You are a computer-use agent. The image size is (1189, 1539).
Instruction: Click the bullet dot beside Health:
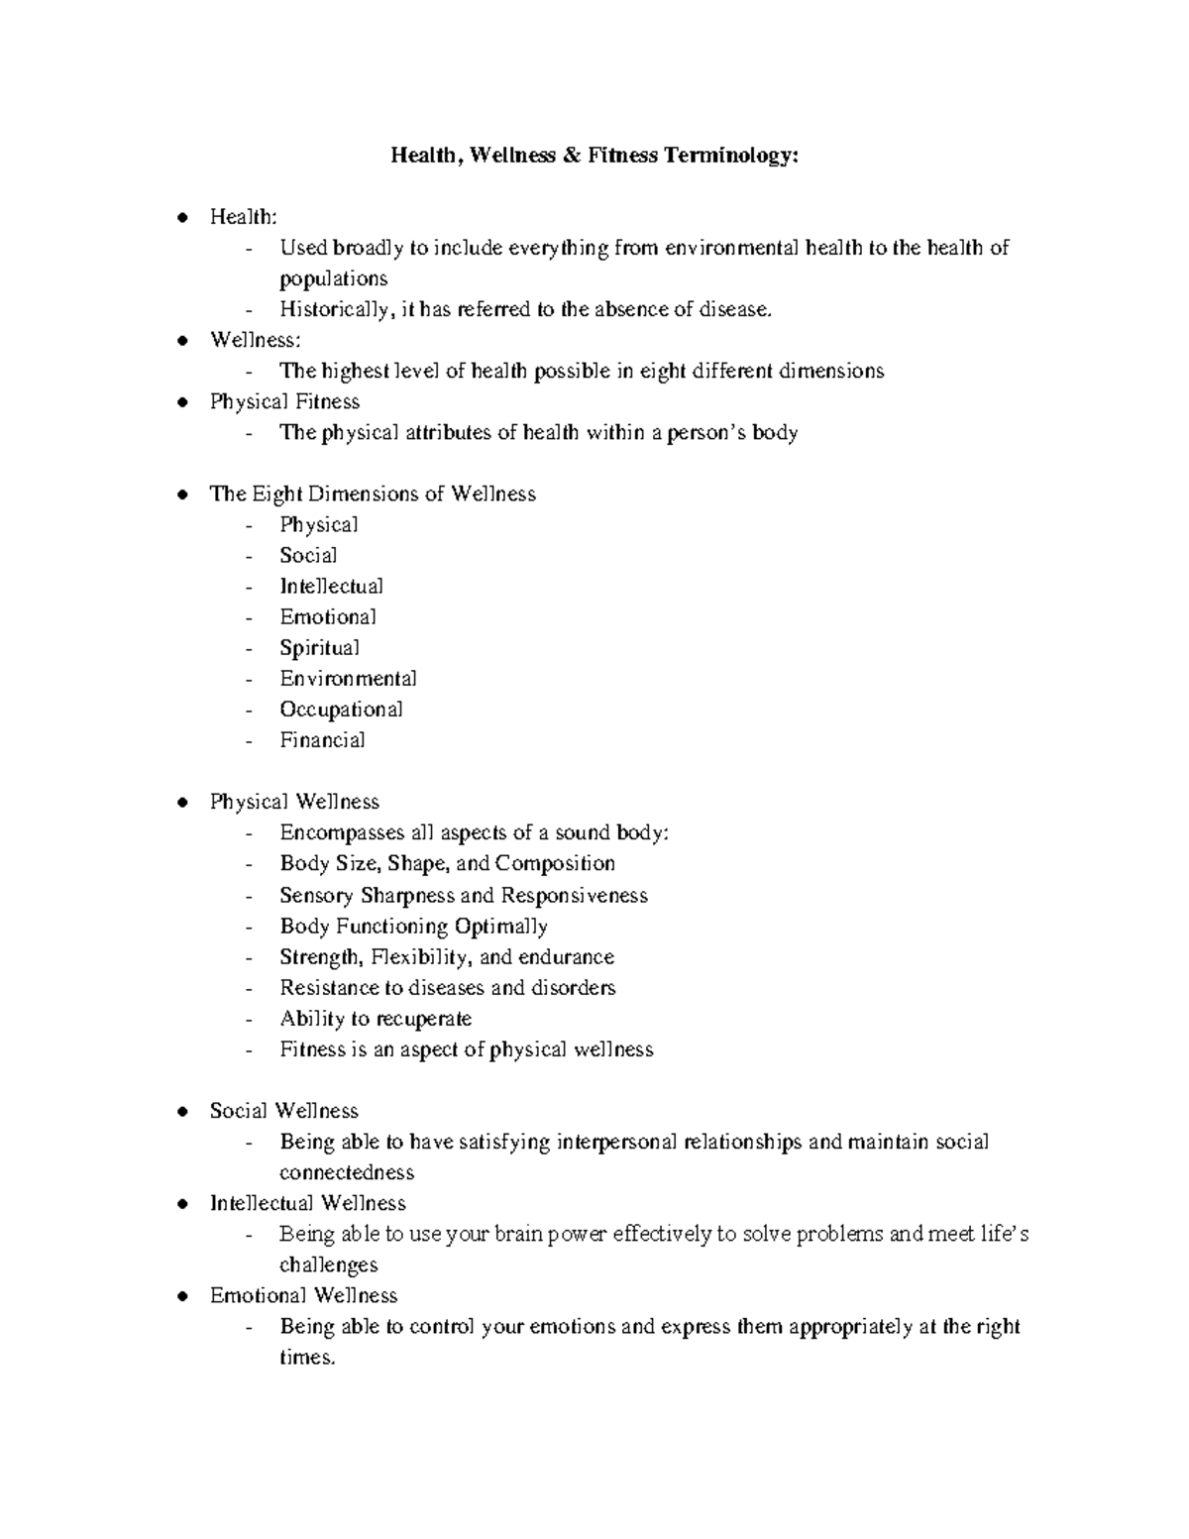pyautogui.click(x=180, y=217)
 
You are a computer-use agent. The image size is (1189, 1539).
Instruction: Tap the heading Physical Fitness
pyautogui.click(x=284, y=401)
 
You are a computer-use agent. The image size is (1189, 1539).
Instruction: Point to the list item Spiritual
pyautogui.click(x=319, y=647)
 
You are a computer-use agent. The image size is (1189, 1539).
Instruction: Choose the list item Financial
pyautogui.click(x=322, y=739)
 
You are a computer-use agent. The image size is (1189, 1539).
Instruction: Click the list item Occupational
pyautogui.click(x=341, y=709)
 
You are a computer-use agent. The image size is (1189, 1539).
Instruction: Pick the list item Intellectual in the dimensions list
pyautogui.click(x=331, y=586)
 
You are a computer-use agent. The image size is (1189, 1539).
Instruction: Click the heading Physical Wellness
pyautogui.click(x=294, y=801)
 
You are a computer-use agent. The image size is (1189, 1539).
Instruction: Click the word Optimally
pyautogui.click(x=514, y=926)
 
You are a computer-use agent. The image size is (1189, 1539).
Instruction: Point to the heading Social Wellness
pyautogui.click(x=283, y=1110)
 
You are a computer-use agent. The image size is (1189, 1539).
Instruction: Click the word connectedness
pyautogui.click(x=347, y=1172)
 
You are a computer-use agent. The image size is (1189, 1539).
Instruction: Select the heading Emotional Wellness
pyautogui.click(x=303, y=1294)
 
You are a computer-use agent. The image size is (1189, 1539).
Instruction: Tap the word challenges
pyautogui.click(x=328, y=1264)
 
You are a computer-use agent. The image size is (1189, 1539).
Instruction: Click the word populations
pyautogui.click(x=333, y=278)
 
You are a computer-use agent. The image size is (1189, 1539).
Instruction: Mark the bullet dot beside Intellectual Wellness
pyautogui.click(x=180, y=1203)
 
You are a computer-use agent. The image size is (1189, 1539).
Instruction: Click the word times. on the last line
pyautogui.click(x=307, y=1357)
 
